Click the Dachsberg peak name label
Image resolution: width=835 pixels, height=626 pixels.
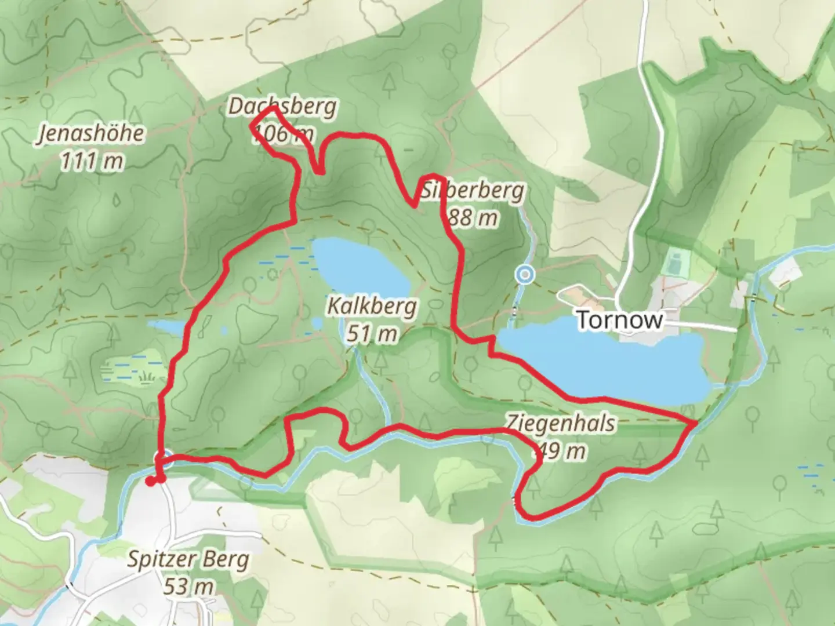pos(282,107)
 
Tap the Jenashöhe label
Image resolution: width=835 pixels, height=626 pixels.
pos(91,134)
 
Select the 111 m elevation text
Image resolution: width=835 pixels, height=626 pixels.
pos(92,161)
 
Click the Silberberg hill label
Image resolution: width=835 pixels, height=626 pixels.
pos(473,191)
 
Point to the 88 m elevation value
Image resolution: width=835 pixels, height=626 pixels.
pos(472,218)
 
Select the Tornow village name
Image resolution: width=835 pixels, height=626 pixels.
pos(620,320)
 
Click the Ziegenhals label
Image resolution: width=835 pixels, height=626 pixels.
pos(560,423)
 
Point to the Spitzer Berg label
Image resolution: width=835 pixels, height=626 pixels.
pos(188,560)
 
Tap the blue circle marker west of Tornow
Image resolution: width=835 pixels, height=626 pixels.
pos(525,274)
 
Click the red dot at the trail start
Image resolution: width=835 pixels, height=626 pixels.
pos(150,481)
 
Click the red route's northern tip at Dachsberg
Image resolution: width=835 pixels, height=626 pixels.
pos(273,108)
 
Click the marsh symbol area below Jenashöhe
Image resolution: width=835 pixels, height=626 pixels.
pos(125,371)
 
